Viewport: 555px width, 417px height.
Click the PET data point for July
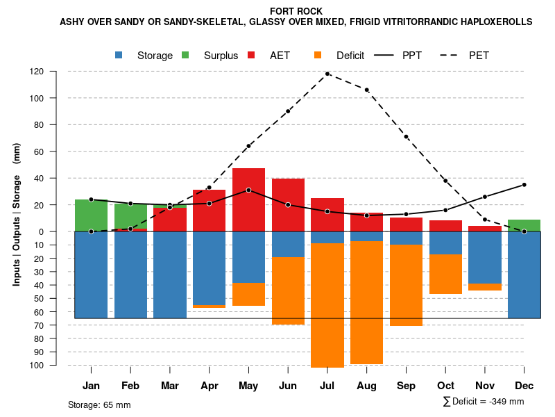point(327,74)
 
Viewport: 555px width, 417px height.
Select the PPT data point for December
point(524,185)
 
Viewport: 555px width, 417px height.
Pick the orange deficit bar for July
point(327,306)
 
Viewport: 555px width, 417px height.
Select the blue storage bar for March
point(170,275)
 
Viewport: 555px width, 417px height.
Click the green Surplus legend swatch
point(185,56)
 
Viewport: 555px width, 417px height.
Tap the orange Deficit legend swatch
point(318,56)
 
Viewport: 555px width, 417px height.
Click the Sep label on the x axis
point(406,386)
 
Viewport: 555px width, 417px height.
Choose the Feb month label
point(130,386)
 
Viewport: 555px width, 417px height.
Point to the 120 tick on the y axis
point(56,72)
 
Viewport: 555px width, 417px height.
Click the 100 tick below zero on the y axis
point(56,366)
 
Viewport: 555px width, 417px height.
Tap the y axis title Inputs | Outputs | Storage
point(17,214)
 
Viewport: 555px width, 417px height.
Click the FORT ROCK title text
point(296,11)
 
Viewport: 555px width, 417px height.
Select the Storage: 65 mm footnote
point(99,404)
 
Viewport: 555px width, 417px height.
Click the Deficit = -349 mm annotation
point(484,402)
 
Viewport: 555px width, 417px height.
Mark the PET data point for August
point(366,90)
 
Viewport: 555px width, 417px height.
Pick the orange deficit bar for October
point(445,274)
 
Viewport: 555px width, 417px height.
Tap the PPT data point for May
point(248,190)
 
